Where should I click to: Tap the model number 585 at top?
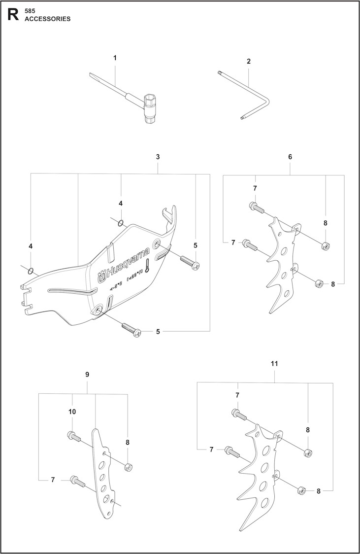[x=30, y=10]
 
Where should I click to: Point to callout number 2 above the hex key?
[x=249, y=62]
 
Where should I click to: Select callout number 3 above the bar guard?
[x=158, y=157]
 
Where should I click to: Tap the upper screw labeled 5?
[x=189, y=261]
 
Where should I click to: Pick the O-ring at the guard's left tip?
[x=31, y=270]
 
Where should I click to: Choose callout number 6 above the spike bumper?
[x=290, y=157]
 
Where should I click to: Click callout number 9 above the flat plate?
[x=87, y=375]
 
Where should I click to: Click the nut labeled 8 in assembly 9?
[x=128, y=466]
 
